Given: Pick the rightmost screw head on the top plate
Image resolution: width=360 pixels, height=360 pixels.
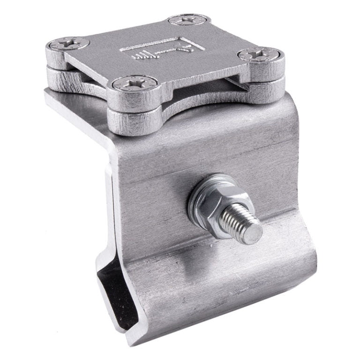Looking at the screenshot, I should pos(259,55).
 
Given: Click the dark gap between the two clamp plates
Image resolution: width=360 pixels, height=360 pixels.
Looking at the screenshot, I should pos(197,94).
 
